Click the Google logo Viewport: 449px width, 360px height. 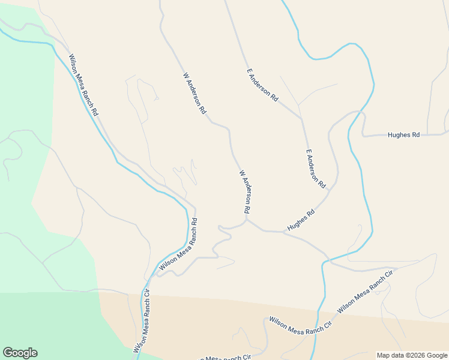20,353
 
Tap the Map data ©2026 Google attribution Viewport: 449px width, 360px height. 412,355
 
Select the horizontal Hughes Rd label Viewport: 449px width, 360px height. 403,135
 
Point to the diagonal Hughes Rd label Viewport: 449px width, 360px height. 301,220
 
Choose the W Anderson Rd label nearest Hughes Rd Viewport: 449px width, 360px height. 244,192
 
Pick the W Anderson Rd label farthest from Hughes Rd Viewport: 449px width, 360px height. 194,93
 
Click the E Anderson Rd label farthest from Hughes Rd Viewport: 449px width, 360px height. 263,84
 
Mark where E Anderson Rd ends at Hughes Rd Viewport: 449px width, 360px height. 329,190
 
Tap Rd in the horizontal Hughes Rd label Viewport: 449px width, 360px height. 415,135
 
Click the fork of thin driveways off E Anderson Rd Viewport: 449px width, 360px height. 298,105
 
